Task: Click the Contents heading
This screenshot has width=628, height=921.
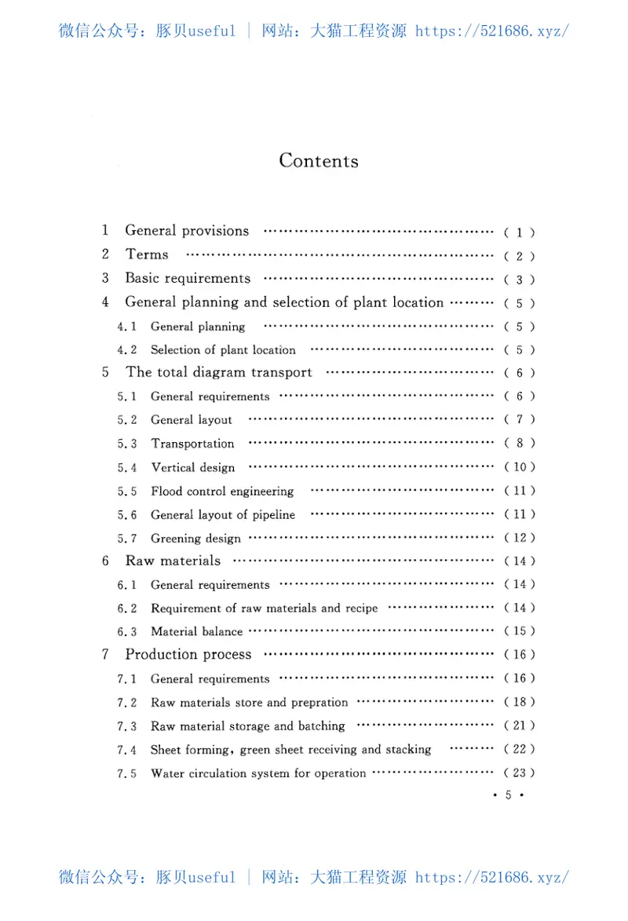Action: pyautogui.click(x=319, y=161)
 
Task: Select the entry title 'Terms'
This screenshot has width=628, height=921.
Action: pyautogui.click(x=147, y=254)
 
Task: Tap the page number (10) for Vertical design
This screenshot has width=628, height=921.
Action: pyautogui.click(x=520, y=467)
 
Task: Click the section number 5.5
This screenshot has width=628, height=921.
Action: pyautogui.click(x=127, y=492)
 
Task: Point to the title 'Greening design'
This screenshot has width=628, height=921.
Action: pyautogui.click(x=195, y=539)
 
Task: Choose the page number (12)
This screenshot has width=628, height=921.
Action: pyautogui.click(x=520, y=538)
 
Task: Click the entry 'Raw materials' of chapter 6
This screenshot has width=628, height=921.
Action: pyautogui.click(x=173, y=561)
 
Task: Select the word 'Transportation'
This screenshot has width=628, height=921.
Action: pyautogui.click(x=192, y=444)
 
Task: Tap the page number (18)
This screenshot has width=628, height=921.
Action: pyautogui.click(x=520, y=702)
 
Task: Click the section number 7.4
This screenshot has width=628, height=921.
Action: pyautogui.click(x=127, y=750)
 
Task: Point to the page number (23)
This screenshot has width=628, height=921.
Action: pyautogui.click(x=520, y=773)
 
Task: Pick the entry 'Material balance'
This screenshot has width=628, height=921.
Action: pyautogui.click(x=196, y=631)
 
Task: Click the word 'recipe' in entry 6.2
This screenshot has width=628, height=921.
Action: pyautogui.click(x=360, y=609)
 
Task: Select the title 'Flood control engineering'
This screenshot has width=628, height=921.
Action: pyautogui.click(x=222, y=492)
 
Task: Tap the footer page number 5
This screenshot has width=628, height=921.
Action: pyautogui.click(x=508, y=795)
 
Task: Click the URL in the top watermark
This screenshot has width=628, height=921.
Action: pyautogui.click(x=491, y=31)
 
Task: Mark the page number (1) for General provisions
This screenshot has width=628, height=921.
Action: pyautogui.click(x=520, y=232)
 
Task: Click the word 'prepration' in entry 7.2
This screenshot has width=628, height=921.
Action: pyautogui.click(x=319, y=703)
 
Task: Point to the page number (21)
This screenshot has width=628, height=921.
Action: pyautogui.click(x=520, y=725)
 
